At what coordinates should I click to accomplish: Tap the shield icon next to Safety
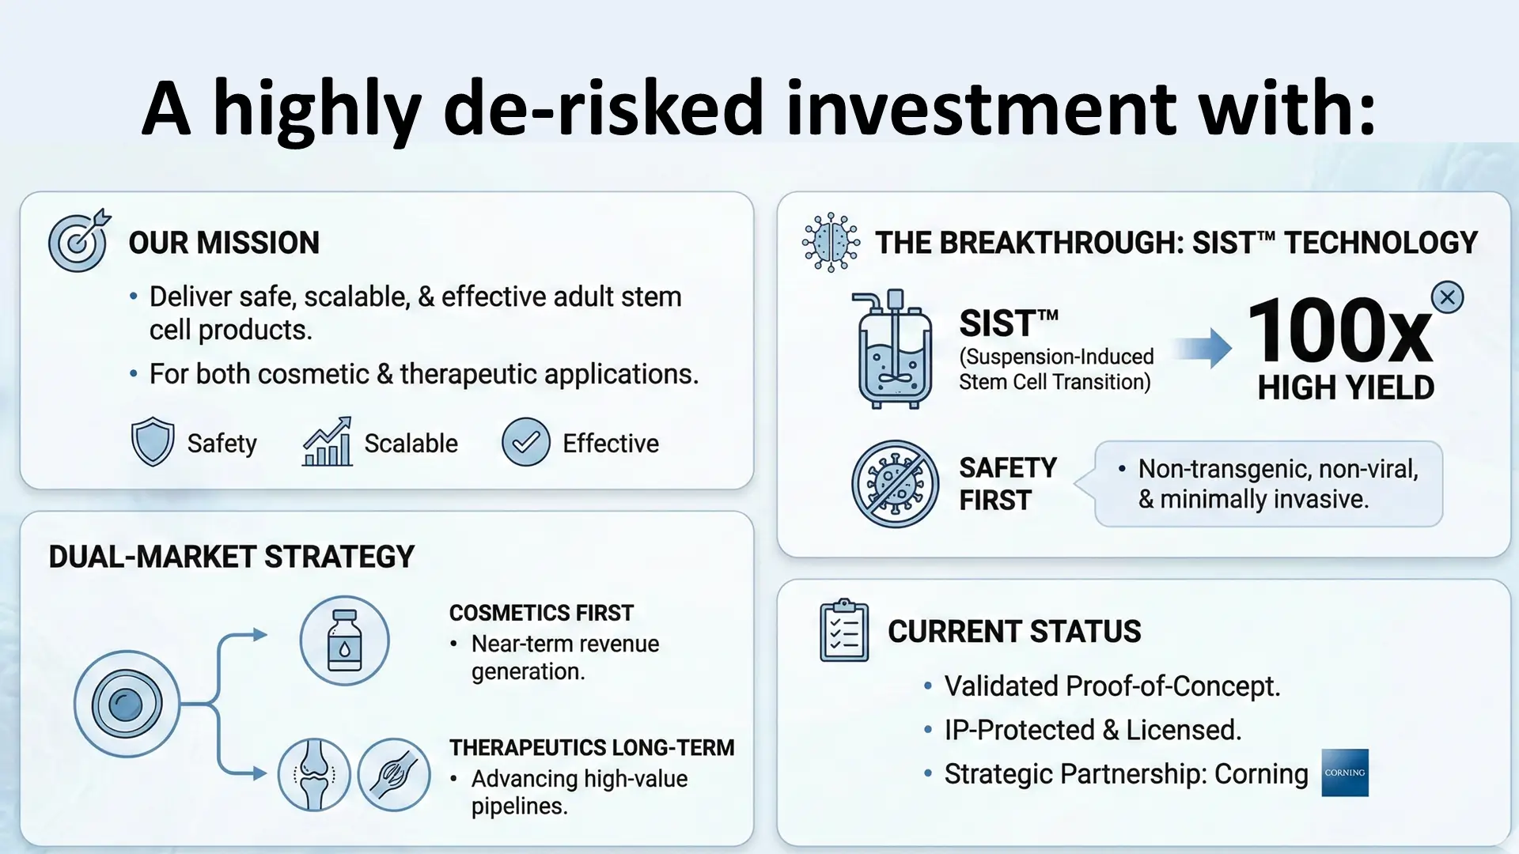[152, 442]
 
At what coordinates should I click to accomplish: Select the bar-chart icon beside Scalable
[328, 442]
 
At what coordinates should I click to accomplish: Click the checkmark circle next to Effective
[526, 442]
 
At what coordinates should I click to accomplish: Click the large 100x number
[1340, 331]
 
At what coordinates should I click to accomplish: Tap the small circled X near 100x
[1448, 297]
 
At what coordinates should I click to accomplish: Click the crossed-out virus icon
[895, 484]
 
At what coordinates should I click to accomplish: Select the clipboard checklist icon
[844, 630]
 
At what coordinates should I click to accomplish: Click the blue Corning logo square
[1345, 773]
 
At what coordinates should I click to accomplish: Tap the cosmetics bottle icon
[344, 640]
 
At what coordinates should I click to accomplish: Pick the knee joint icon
[314, 775]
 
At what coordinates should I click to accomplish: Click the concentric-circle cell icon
[127, 704]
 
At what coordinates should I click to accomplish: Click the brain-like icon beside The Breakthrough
[830, 242]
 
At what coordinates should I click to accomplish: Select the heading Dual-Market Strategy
[231, 557]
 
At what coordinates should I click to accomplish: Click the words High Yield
[1346, 387]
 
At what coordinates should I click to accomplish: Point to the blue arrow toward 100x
[1202, 348]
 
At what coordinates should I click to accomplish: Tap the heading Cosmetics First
[541, 613]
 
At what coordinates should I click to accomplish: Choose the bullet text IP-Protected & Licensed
[1093, 730]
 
